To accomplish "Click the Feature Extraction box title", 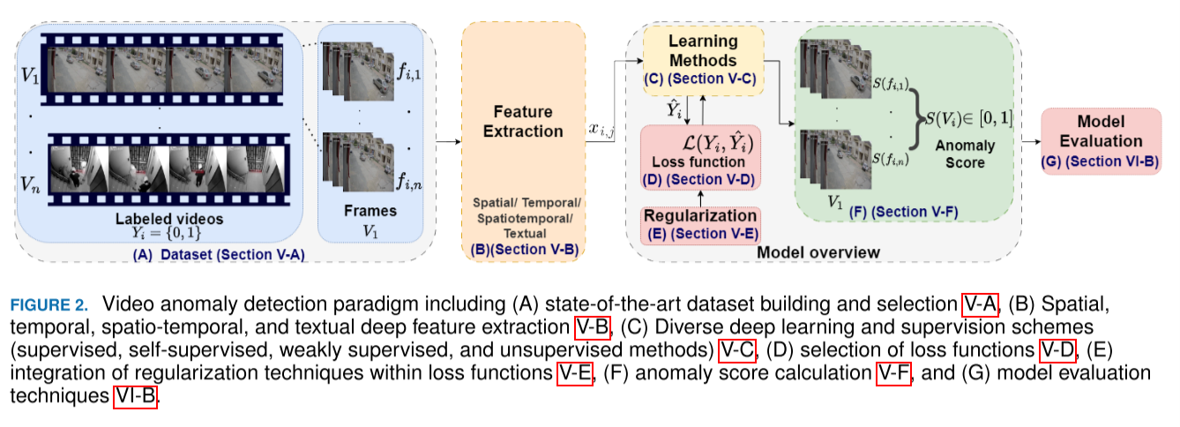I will [x=522, y=122].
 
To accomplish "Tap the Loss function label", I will [x=698, y=162].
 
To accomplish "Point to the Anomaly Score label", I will [x=967, y=154].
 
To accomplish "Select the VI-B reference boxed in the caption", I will [x=135, y=398].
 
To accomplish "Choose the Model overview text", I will [x=819, y=253].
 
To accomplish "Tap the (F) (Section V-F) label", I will [x=902, y=212].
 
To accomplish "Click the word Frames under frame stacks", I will [x=370, y=212].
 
